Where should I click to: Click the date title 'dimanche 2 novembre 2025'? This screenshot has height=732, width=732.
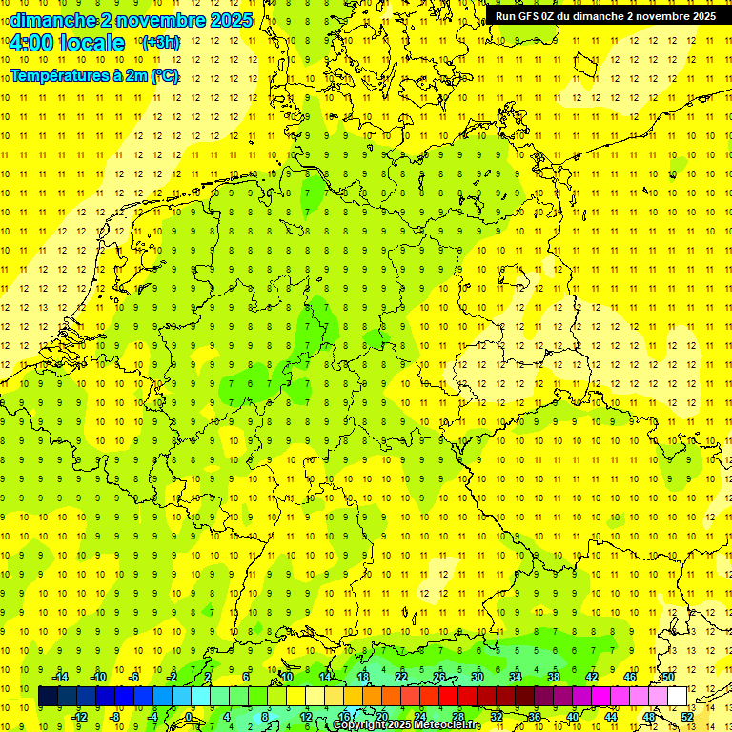[132, 20]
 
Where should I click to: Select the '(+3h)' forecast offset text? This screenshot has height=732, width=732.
[159, 43]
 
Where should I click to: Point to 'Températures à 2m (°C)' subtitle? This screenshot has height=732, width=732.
[94, 76]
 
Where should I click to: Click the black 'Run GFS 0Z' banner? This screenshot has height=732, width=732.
[605, 16]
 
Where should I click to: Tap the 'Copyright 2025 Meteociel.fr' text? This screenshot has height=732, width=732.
[407, 725]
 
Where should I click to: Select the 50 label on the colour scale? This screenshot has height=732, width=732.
[668, 677]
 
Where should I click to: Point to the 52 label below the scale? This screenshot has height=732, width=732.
[687, 717]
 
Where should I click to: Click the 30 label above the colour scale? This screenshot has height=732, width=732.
[477, 677]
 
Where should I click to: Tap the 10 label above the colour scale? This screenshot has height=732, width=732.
[286, 677]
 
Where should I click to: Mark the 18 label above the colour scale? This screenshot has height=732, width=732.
[362, 677]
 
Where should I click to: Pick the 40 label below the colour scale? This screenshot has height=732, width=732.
[572, 717]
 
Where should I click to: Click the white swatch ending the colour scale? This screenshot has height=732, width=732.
[678, 697]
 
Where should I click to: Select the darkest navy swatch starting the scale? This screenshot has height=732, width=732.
[49, 697]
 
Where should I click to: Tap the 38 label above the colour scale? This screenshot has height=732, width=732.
[553, 677]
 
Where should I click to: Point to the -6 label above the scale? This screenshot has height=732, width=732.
[134, 677]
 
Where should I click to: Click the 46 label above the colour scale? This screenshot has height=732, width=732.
[630, 677]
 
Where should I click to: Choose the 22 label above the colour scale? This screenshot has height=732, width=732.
[400, 677]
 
